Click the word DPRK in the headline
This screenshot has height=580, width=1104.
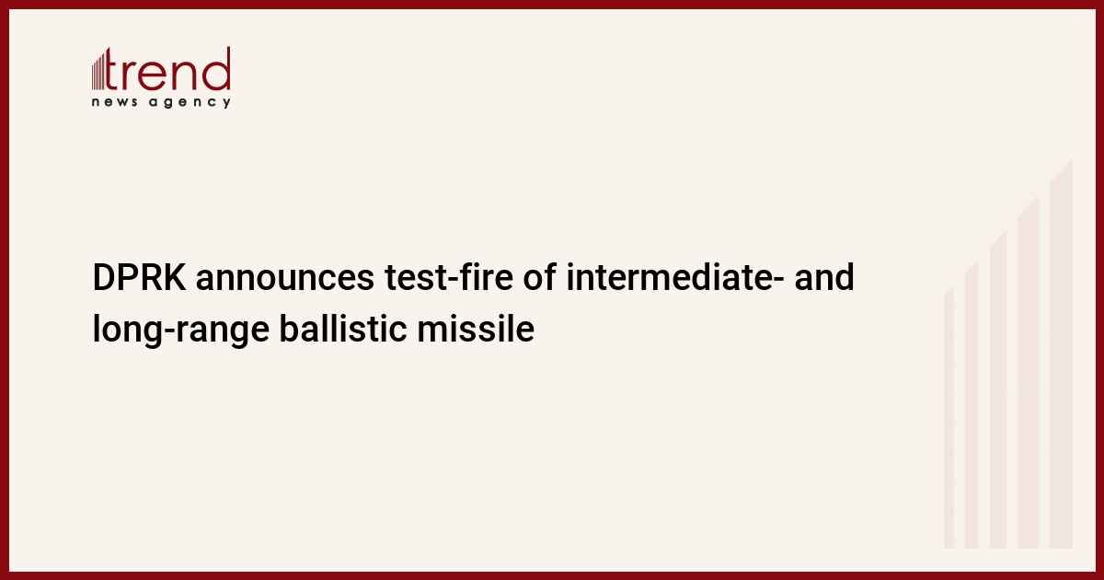(140, 278)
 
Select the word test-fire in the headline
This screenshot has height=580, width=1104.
(449, 278)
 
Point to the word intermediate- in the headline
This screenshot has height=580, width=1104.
(675, 278)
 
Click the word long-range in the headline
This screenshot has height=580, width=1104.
(181, 330)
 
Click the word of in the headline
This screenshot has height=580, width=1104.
(540, 278)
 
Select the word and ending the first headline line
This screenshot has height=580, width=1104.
(824, 278)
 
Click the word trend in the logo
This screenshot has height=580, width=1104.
(167, 69)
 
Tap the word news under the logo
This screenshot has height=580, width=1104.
(114, 102)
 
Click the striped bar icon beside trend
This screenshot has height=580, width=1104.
(98, 72)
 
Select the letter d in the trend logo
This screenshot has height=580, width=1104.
(216, 69)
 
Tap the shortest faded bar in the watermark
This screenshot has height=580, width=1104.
(949, 418)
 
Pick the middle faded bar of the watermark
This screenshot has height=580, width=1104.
(998, 389)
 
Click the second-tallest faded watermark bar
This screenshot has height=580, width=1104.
(1029, 373)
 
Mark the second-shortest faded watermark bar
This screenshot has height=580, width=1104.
(972, 404)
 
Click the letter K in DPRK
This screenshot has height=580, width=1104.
(176, 278)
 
